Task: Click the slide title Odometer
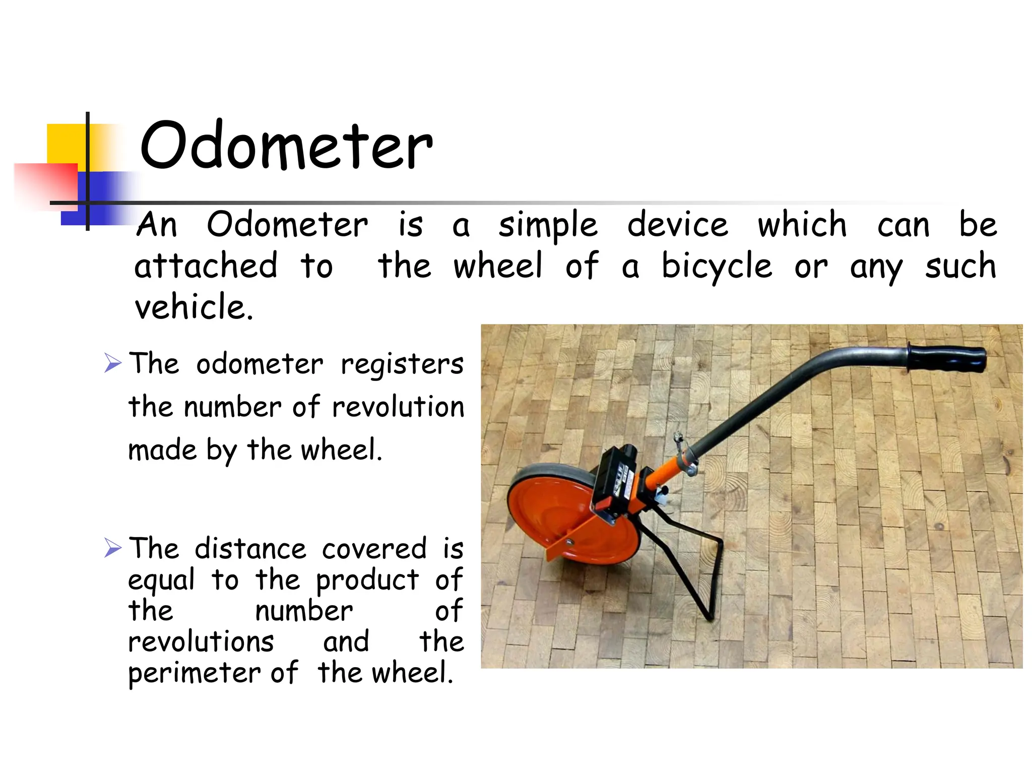[286, 146]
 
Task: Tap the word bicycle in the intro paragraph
[716, 266]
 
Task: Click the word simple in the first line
[548, 225]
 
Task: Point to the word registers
[402, 364]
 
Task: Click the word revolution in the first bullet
[398, 407]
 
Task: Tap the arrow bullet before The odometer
[113, 363]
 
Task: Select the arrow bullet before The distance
[113, 548]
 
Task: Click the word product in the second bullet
[367, 580]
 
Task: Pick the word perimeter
[194, 674]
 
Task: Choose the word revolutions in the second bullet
[201, 642]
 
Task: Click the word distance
[250, 549]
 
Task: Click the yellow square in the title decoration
[66, 144]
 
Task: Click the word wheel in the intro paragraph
[497, 266]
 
